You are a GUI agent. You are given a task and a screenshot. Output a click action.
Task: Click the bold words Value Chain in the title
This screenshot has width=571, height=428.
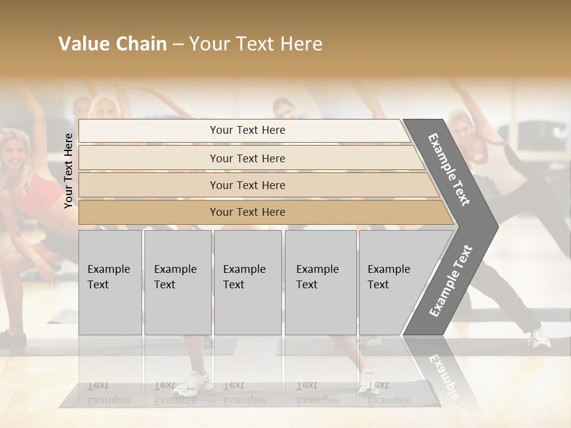[112, 44]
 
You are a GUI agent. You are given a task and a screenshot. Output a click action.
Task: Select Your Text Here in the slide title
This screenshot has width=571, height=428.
[256, 44]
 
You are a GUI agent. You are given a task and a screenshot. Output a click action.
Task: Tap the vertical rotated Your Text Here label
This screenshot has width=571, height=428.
[68, 171]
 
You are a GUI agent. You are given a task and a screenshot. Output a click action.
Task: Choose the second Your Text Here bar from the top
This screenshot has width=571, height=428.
[247, 158]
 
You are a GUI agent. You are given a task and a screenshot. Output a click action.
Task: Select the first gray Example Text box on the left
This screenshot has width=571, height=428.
[110, 282]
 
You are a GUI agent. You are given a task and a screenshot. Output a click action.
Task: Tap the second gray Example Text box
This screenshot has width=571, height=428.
[178, 282]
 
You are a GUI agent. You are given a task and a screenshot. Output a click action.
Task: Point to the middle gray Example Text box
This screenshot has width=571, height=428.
[247, 282]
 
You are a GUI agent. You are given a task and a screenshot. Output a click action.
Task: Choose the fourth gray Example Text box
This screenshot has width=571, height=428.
[321, 282]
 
